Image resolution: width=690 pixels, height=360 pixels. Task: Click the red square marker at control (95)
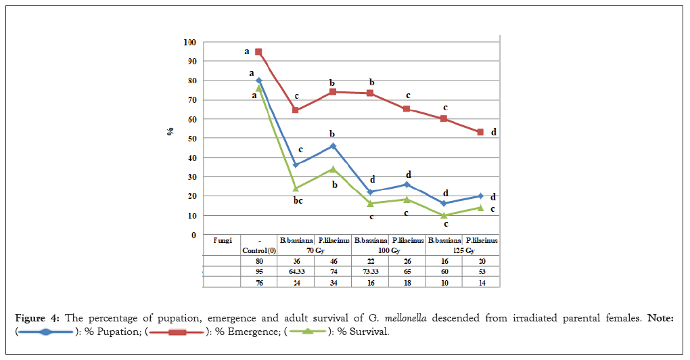(258, 51)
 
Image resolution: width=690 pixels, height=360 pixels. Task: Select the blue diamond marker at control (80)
(259, 81)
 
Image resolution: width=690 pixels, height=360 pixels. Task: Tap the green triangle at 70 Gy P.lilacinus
(333, 169)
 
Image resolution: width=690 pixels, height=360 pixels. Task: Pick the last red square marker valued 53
(480, 132)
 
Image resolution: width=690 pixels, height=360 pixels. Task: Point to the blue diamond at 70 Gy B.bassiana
(296, 164)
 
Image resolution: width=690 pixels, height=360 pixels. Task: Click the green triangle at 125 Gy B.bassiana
(444, 215)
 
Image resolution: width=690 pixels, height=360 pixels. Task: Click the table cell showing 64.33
(296, 271)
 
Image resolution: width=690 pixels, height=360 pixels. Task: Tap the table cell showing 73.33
(369, 271)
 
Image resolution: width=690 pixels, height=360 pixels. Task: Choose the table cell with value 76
(259, 282)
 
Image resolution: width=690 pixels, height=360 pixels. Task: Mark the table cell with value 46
(333, 260)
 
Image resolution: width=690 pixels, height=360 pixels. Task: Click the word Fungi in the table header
(223, 240)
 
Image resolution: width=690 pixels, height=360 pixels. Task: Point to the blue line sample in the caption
(45, 332)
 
